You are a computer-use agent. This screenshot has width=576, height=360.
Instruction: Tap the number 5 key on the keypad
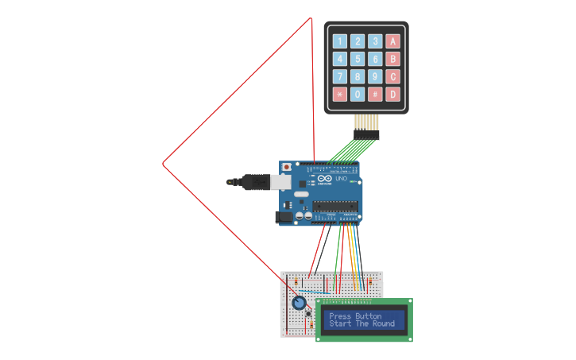(358, 59)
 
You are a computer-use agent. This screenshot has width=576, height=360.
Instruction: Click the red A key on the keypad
(392, 41)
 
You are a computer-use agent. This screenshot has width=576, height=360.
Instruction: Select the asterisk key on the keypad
(339, 94)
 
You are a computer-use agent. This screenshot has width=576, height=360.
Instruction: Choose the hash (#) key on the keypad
(375, 94)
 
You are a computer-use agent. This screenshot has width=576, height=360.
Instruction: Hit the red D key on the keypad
(392, 94)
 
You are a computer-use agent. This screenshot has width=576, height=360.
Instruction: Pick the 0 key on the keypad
(358, 94)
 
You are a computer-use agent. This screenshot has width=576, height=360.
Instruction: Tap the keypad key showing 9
(375, 76)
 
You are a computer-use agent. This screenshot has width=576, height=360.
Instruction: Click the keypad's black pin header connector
(366, 135)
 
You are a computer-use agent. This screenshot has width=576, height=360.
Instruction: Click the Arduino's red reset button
(287, 168)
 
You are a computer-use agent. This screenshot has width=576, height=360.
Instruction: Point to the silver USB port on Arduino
(280, 182)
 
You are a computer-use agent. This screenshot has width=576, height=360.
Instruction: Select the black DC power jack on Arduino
(283, 216)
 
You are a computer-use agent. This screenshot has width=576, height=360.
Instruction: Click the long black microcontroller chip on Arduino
(335, 207)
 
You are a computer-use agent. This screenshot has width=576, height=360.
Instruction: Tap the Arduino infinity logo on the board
(325, 179)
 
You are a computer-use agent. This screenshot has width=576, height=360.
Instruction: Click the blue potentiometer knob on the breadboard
(299, 303)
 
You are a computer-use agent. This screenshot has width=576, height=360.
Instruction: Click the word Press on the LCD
(339, 316)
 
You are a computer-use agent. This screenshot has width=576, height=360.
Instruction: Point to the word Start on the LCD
(339, 324)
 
